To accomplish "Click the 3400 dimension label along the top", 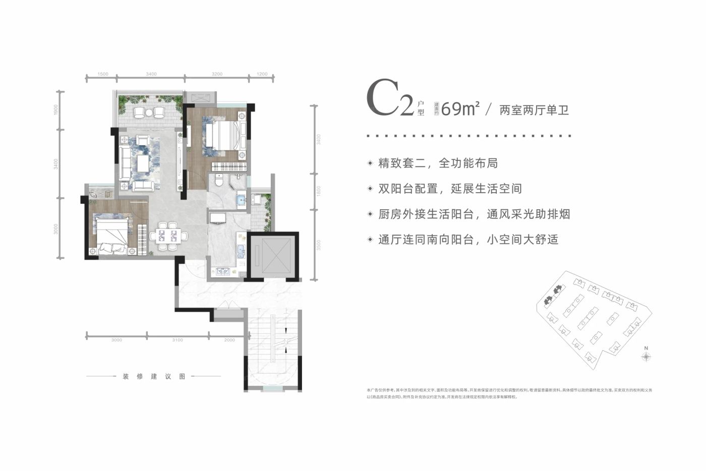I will [151, 74].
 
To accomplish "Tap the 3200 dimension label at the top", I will [217, 74].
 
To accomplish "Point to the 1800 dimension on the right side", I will [318, 191].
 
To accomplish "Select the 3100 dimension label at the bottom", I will [177, 340].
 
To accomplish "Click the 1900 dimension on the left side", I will [56, 109].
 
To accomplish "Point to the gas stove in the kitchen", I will [223, 272].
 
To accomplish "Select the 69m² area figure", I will [459, 108].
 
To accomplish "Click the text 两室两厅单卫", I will [534, 110].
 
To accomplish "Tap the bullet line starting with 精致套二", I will [438, 163].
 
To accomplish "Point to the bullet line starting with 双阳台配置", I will [450, 189].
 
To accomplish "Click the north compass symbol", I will [646, 356].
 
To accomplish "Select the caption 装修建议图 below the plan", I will [154, 377].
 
